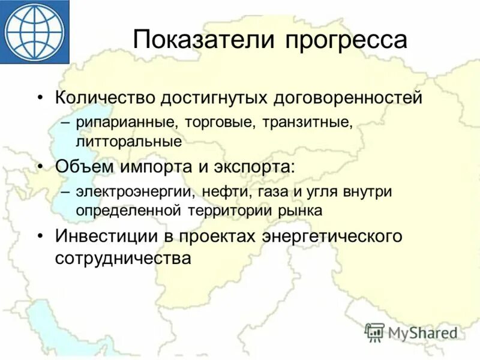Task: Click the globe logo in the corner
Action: (35, 31)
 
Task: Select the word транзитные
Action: (307, 124)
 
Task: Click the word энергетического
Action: (332, 235)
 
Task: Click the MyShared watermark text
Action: (424, 333)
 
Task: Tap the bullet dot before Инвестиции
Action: (40, 236)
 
